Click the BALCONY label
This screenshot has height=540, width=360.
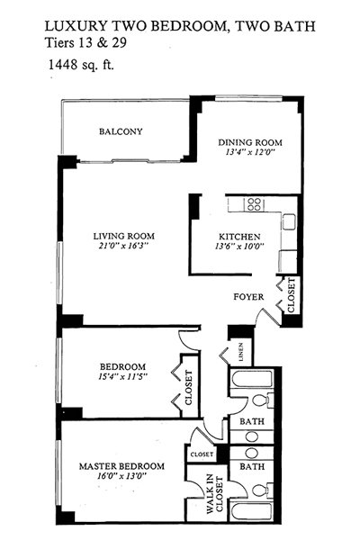(121, 131)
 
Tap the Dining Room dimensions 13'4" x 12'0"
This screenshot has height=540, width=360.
(250, 152)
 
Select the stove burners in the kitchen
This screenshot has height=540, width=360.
(254, 204)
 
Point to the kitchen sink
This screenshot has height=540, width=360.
(290, 221)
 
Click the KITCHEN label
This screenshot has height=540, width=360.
(239, 237)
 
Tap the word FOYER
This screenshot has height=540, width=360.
(248, 297)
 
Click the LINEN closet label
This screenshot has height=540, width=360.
(241, 352)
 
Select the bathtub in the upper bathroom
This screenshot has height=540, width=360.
(252, 379)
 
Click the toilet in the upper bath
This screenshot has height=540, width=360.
(263, 400)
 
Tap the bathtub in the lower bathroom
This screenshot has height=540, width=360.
(252, 511)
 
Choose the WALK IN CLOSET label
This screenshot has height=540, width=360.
(215, 494)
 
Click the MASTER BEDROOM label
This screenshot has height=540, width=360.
(122, 466)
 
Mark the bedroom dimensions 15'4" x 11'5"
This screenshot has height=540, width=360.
(122, 377)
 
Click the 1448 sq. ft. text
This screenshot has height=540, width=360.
(81, 65)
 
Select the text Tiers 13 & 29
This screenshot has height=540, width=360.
(85, 43)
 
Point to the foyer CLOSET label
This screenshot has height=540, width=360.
(291, 295)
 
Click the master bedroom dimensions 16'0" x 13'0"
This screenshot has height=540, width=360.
(122, 476)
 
